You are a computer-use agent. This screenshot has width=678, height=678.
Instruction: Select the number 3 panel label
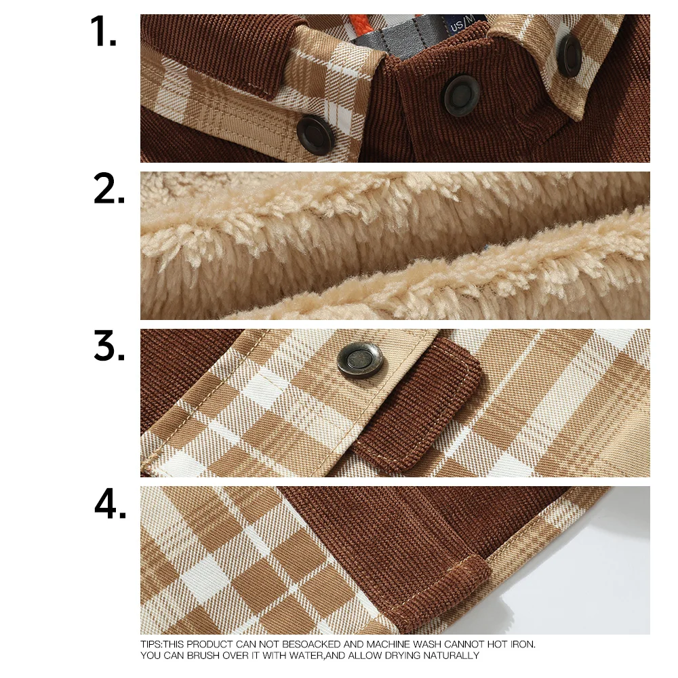pyautogui.click(x=109, y=348)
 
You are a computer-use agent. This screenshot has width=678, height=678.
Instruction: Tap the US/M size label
pyautogui.click(x=465, y=25)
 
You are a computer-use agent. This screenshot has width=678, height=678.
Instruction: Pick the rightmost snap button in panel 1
pyautogui.click(x=570, y=54)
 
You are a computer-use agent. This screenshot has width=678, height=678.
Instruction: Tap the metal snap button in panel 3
pyautogui.click(x=360, y=359)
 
